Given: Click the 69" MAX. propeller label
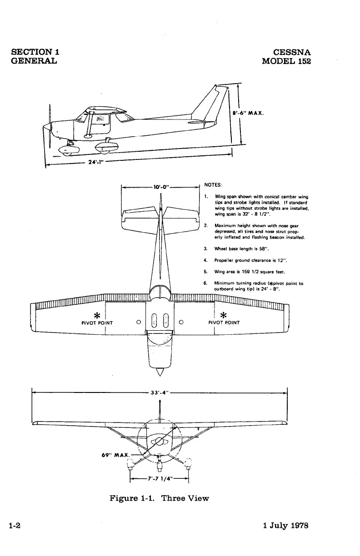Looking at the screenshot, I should [x=115, y=455].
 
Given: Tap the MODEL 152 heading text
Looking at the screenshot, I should [x=286, y=61].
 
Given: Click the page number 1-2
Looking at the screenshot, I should [x=17, y=526].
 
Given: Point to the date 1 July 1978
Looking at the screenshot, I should [x=286, y=526].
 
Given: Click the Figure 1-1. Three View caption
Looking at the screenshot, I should [x=159, y=498].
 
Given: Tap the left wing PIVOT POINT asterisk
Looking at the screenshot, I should [x=96, y=315].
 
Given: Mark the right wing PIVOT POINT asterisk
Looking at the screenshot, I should [x=223, y=315].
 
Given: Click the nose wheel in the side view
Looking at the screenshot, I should [x=67, y=151].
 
